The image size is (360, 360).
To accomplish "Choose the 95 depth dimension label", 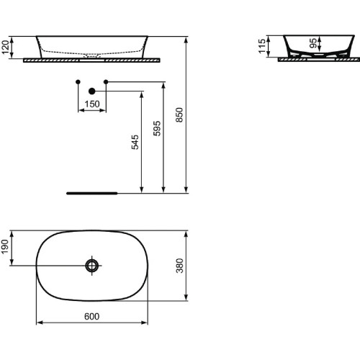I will (x=312, y=42).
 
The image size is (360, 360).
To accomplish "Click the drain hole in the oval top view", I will (x=92, y=266).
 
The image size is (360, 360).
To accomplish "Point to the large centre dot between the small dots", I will (x=92, y=91).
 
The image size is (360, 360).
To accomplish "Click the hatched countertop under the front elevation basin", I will (x=92, y=60).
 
